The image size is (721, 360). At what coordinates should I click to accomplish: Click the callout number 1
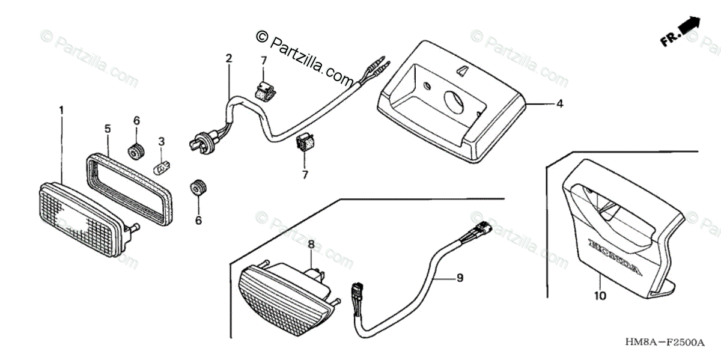[x=61, y=110]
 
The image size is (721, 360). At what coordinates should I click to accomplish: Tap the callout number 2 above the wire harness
[x=229, y=58]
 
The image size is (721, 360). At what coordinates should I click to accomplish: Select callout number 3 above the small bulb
[x=161, y=142]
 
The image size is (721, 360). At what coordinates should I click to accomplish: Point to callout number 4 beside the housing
[x=559, y=104]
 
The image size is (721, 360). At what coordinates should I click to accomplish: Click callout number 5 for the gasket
[x=108, y=129]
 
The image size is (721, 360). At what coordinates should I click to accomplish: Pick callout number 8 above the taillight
[x=311, y=245]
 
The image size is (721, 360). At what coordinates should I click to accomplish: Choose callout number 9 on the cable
[x=459, y=278]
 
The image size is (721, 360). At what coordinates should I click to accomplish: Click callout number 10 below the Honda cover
[x=601, y=296]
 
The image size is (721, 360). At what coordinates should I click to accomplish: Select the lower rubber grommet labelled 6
[x=196, y=188]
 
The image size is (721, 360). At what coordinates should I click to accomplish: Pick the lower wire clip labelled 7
[x=305, y=143]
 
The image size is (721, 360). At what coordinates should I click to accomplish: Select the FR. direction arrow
[x=682, y=32]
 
